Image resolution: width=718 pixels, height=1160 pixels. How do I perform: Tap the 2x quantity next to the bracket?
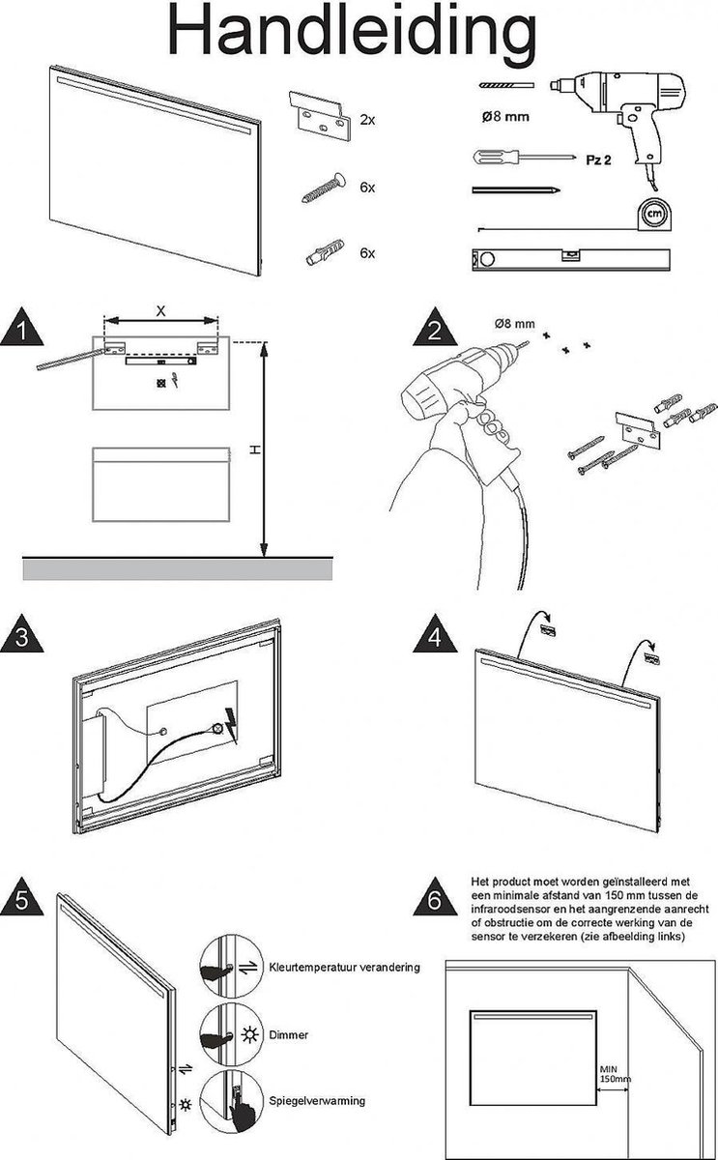pyautogui.click(x=366, y=120)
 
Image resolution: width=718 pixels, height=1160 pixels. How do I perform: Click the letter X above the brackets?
pyautogui.click(x=159, y=310)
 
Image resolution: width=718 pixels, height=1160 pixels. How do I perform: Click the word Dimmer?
pyautogui.click(x=290, y=1034)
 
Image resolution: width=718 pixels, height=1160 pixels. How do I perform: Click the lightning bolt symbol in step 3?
pyautogui.click(x=232, y=721)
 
